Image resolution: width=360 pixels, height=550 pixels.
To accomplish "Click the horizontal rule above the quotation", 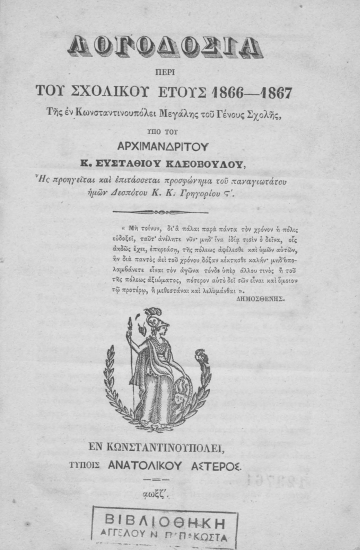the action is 179,211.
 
